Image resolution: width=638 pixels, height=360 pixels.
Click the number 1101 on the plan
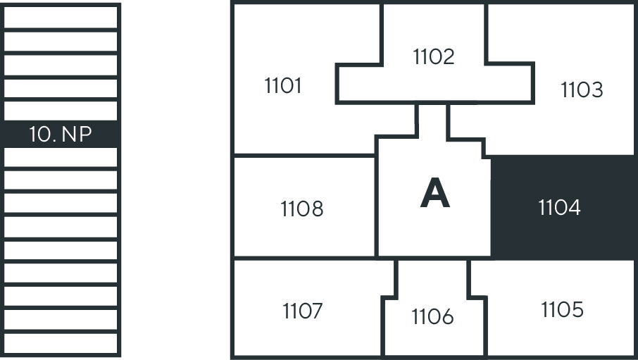[x=283, y=86]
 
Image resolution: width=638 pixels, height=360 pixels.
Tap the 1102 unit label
[x=434, y=57]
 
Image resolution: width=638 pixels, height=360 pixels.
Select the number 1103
[x=582, y=90]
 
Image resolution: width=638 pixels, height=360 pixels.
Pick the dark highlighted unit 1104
[x=560, y=208]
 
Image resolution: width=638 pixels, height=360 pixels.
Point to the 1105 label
[x=563, y=309]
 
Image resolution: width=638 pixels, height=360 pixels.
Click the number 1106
[x=432, y=318]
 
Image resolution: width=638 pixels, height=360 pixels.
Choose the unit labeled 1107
[x=303, y=311]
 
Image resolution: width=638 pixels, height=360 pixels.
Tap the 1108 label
[x=302, y=209]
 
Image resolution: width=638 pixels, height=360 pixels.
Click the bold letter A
[x=434, y=194]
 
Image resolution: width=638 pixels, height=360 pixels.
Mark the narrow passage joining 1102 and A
[x=432, y=120]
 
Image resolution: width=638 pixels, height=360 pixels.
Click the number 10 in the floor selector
[x=42, y=135]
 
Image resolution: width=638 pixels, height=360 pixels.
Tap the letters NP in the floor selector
[x=77, y=135]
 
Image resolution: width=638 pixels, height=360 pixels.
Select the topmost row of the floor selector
[x=61, y=16]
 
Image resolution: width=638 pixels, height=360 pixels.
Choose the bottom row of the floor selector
[x=61, y=343]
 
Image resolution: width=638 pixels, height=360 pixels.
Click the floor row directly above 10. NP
[x=61, y=111]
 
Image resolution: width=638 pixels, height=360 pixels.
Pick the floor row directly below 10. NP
[x=61, y=158]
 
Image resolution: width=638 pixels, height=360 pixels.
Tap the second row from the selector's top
[x=61, y=41]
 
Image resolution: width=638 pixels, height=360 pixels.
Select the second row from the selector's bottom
[x=61, y=320]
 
